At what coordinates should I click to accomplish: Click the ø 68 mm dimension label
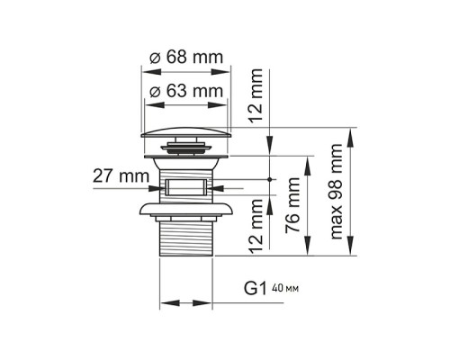(185, 58)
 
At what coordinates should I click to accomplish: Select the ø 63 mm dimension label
(185, 91)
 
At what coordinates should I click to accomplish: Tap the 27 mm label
(120, 175)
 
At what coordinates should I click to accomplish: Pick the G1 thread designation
(255, 290)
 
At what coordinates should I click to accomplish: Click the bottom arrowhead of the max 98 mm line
(350, 254)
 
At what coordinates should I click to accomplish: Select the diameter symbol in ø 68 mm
(153, 58)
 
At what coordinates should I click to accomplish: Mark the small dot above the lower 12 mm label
(270, 179)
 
